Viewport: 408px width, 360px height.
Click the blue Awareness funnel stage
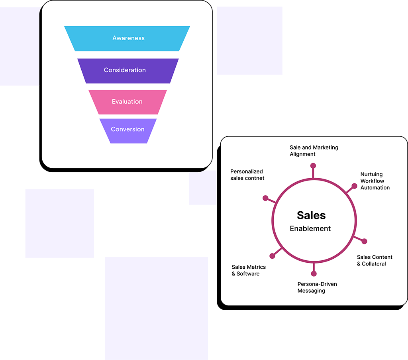[x=127, y=38]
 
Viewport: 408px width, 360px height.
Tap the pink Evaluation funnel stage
[x=127, y=102]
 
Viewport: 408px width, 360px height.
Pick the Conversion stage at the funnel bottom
[x=127, y=130]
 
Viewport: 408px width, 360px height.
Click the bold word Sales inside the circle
[x=311, y=215]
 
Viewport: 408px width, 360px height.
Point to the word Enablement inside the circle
[x=310, y=229]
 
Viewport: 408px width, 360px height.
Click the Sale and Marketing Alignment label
[x=314, y=151]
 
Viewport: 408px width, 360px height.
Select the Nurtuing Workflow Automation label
[x=375, y=181]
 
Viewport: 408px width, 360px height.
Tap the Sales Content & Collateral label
[x=375, y=260]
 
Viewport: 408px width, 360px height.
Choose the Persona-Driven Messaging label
[x=317, y=287]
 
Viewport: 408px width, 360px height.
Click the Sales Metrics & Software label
[x=249, y=270]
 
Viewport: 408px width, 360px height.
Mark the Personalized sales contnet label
[x=247, y=175]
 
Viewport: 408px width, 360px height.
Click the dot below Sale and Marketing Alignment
[x=313, y=165]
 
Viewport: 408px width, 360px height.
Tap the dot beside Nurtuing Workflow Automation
[x=354, y=186]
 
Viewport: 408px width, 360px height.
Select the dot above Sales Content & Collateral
[x=364, y=241]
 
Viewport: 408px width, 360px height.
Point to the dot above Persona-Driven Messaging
[x=314, y=273]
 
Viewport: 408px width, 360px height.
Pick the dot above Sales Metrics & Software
[x=273, y=256]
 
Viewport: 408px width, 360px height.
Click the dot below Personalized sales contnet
[x=265, y=198]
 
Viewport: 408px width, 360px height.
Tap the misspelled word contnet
[x=255, y=178]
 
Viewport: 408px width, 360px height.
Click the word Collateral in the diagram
[x=374, y=264]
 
